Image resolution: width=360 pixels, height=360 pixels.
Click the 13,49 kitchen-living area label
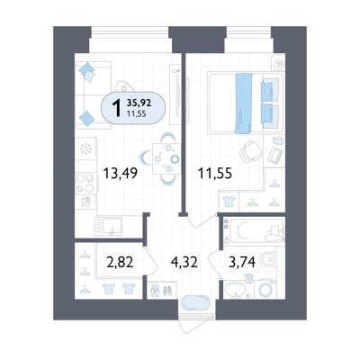pyautogui.click(x=121, y=173)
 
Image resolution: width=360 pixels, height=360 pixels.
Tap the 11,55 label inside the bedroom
pyautogui.click(x=215, y=173)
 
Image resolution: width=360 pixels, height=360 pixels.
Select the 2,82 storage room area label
pyautogui.click(x=120, y=262)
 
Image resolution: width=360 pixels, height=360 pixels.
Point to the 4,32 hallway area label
pyautogui.click(x=184, y=262)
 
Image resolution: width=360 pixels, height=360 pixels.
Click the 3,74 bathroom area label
pyautogui.click(x=242, y=262)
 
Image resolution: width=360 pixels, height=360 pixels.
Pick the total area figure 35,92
pyautogui.click(x=139, y=103)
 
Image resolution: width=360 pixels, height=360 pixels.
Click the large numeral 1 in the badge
pyautogui.click(x=117, y=108)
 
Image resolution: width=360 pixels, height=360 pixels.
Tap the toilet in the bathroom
pyautogui.click(x=267, y=259)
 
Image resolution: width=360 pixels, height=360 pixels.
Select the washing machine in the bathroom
pyautogui.click(x=265, y=290)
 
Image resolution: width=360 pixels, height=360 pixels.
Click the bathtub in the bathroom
pyautogui.click(x=254, y=231)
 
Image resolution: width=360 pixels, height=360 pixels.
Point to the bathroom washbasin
pyautogui.click(x=235, y=290)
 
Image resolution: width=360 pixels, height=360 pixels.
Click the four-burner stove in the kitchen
pyautogui.click(x=85, y=183)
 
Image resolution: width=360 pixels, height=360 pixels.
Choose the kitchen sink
pyautogui.click(x=108, y=226)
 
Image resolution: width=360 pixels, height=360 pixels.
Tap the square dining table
pyautogui.click(x=166, y=158)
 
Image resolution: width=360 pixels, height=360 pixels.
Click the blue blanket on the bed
pyautogui.click(x=244, y=103)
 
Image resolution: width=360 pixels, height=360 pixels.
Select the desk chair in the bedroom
pyautogui.click(x=251, y=151)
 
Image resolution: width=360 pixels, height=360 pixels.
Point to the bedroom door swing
pyautogui.click(x=201, y=221)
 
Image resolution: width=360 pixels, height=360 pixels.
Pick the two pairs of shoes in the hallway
pyautogui.click(x=161, y=291)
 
